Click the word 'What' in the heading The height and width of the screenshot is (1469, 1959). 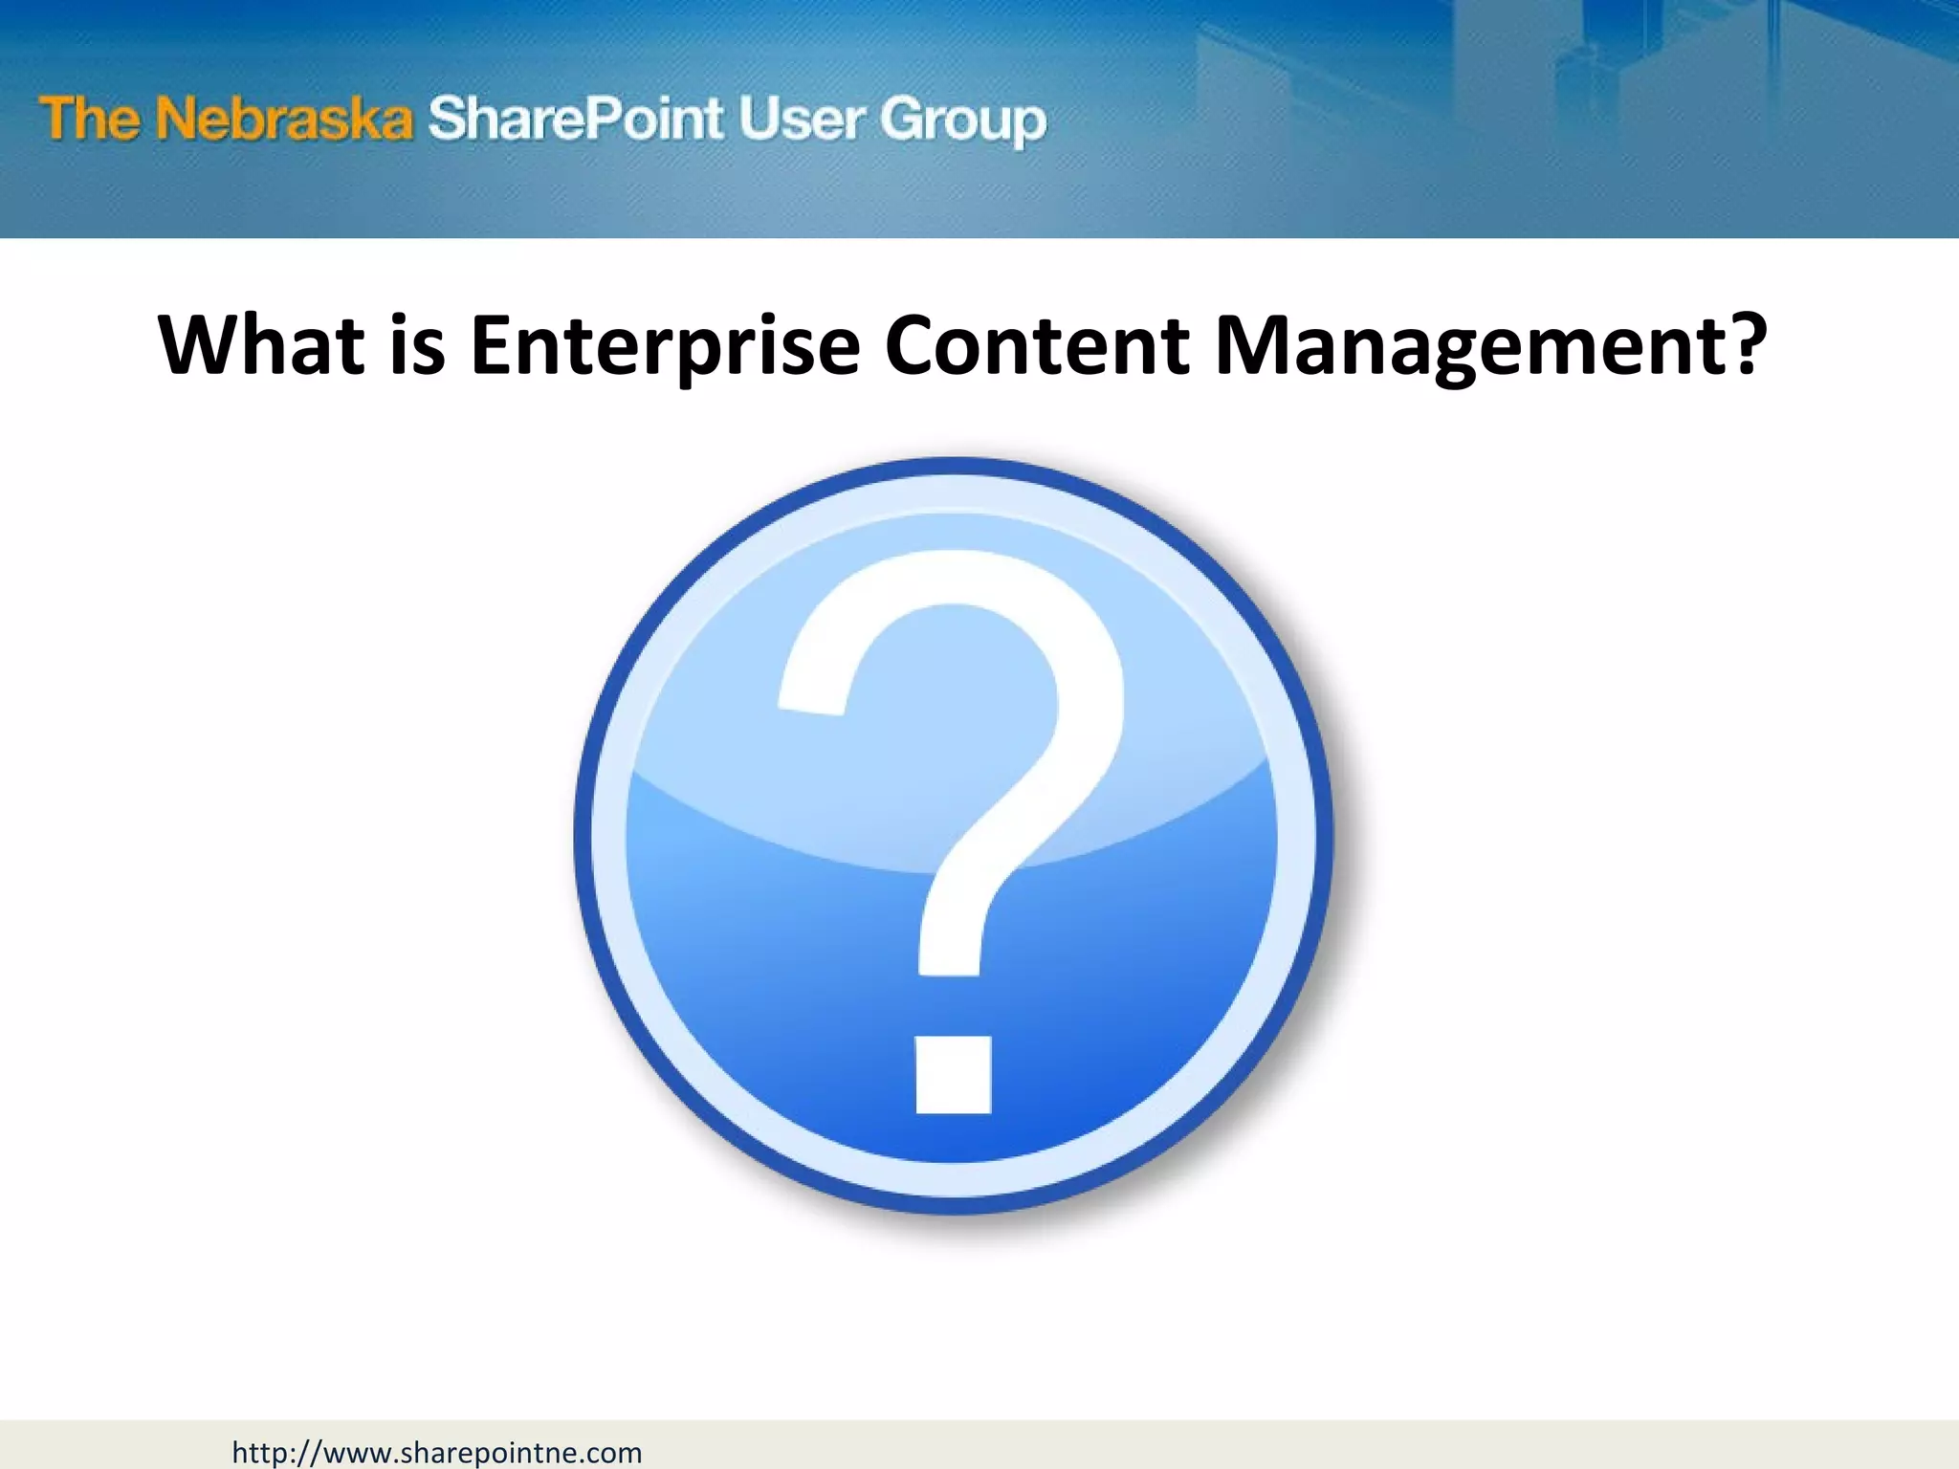pyautogui.click(x=261, y=345)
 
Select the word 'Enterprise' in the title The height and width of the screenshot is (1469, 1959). pyautogui.click(x=665, y=345)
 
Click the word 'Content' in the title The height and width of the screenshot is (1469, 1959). pyautogui.click(x=1037, y=345)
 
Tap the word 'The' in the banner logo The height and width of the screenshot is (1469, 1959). pyautogui.click(x=90, y=120)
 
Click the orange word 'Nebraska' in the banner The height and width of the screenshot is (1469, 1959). pyautogui.click(x=284, y=120)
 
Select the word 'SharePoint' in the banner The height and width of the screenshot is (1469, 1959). pyautogui.click(x=575, y=120)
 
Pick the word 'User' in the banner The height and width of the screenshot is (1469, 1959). pyautogui.click(x=800, y=120)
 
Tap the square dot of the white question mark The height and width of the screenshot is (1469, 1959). pyautogui.click(x=953, y=1075)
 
